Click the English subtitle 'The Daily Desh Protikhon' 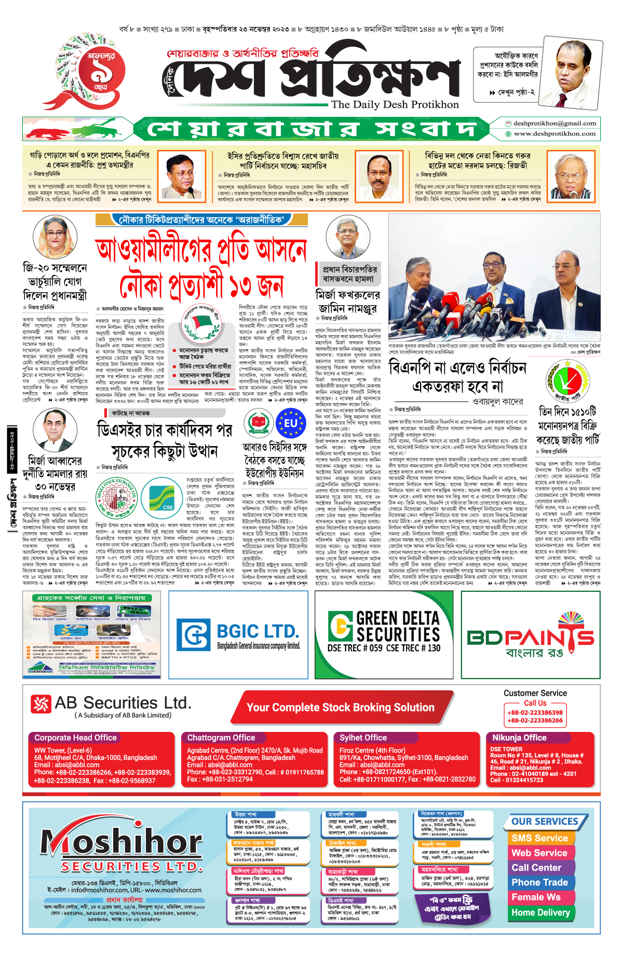395,104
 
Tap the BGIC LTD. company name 258,631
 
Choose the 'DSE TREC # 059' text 355,648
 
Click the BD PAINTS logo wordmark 531,637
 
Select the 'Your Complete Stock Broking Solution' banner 340,708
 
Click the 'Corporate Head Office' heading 76,738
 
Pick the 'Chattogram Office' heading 221,738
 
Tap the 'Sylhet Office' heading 363,738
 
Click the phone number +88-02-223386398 535,713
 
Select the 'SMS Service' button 539,838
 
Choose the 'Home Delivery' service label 540,912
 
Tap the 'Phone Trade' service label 539,883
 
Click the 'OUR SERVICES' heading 545,822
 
